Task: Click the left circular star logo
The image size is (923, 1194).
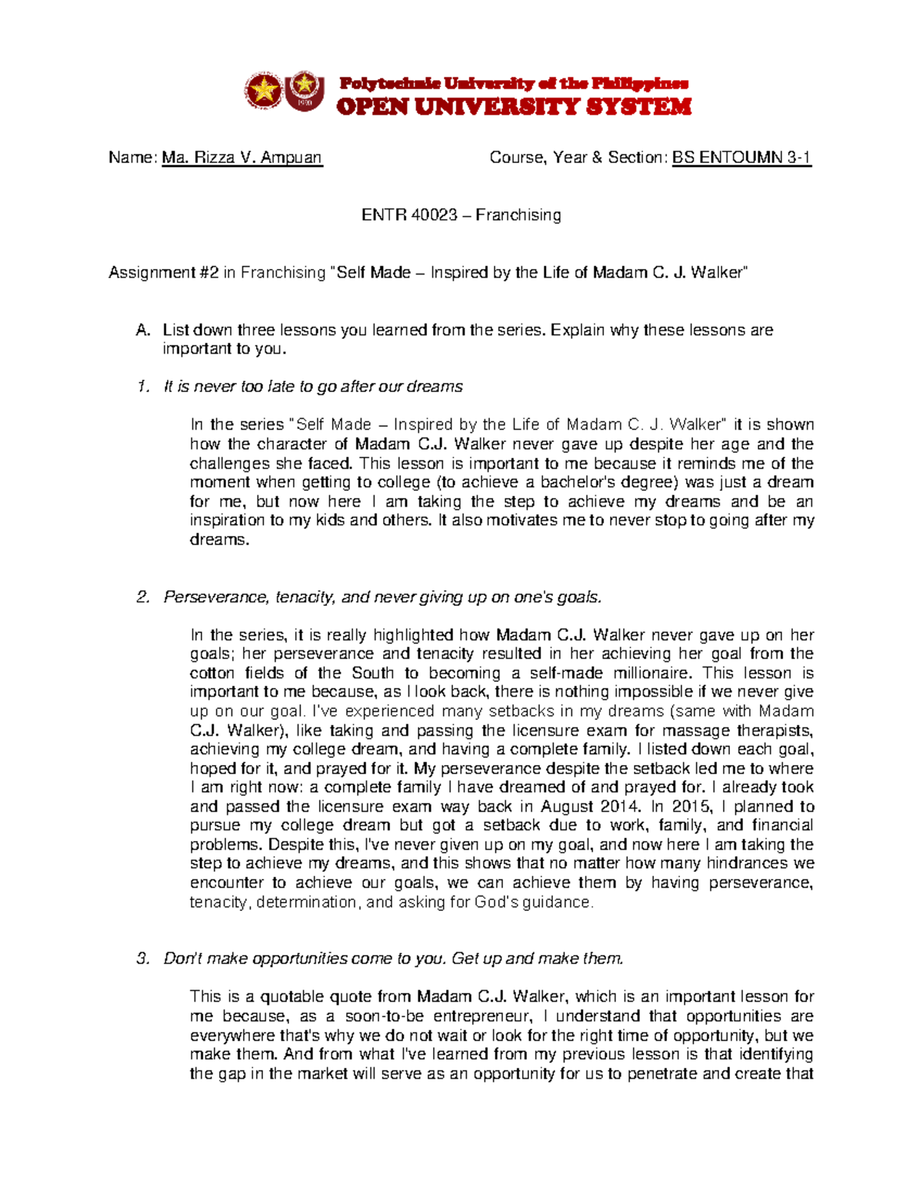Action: (264, 91)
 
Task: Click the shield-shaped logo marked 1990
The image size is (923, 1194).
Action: (305, 91)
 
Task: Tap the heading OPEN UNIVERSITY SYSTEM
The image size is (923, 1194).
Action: (514, 107)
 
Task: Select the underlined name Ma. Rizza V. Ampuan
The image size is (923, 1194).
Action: (242, 158)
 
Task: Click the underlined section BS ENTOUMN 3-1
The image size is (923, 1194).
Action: (741, 158)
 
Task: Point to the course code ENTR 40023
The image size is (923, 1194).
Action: (409, 215)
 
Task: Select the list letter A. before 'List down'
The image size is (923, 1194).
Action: (142, 331)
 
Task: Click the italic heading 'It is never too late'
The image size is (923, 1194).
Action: (313, 387)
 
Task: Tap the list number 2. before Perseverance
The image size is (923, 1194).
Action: (142, 597)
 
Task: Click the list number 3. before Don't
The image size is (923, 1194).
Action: (142, 959)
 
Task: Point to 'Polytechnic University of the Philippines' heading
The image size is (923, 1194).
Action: (514, 84)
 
